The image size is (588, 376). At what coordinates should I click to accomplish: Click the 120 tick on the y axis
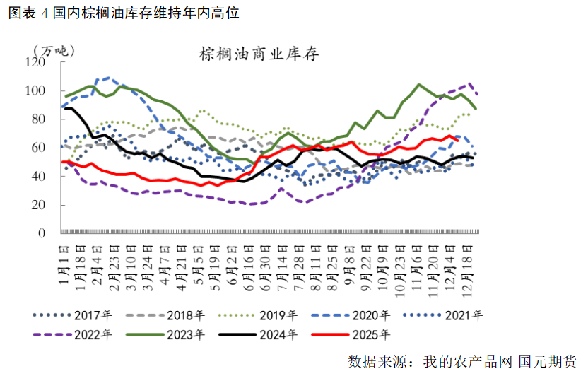pyautogui.click(x=35, y=62)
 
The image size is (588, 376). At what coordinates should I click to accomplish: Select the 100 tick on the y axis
pyautogui.click(x=35, y=90)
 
